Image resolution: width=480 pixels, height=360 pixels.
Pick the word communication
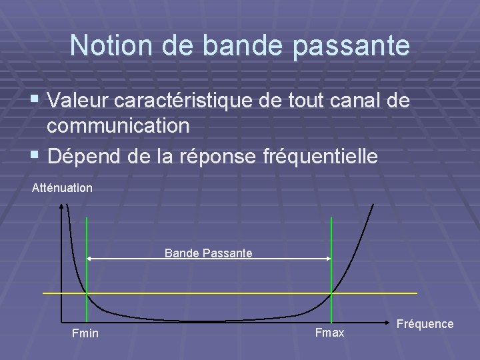119,125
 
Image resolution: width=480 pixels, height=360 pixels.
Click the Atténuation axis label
62,188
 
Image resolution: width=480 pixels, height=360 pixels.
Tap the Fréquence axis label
425,324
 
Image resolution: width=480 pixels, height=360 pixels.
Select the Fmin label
85,333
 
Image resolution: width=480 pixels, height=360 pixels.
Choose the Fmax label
329,332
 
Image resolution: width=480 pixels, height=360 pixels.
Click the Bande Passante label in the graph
208,253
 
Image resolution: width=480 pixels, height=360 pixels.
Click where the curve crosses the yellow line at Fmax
331,293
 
